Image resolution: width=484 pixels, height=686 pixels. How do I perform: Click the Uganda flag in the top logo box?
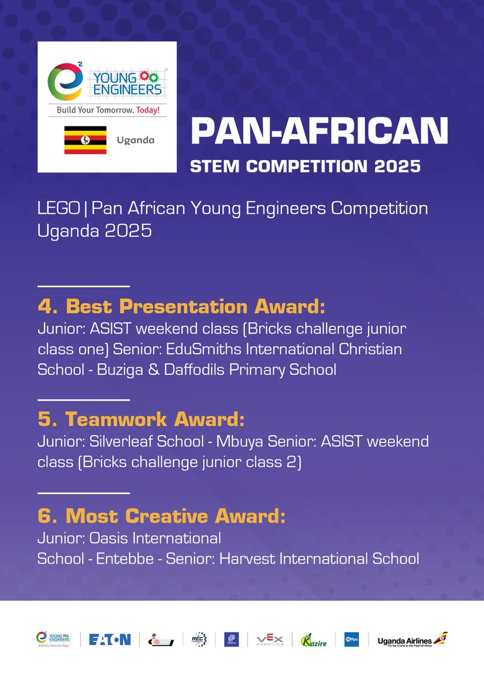[85, 140]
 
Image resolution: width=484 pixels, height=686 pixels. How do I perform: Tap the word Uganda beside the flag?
[135, 140]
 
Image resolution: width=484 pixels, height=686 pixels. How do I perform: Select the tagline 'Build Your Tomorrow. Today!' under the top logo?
[107, 109]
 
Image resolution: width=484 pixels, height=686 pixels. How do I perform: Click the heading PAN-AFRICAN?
[319, 131]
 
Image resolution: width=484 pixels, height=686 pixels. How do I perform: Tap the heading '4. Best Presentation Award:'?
[181, 307]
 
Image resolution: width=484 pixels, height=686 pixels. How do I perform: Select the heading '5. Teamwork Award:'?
[141, 420]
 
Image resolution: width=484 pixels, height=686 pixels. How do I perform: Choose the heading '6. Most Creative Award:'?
[161, 516]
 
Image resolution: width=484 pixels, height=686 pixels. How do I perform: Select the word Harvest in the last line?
[243, 559]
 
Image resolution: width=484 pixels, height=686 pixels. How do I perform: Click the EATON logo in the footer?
[110, 639]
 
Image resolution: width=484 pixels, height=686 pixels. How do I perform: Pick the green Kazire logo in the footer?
[314, 639]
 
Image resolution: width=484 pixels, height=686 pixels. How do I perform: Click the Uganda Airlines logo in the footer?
[412, 639]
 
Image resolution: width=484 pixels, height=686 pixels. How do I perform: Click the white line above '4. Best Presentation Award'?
[83, 286]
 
